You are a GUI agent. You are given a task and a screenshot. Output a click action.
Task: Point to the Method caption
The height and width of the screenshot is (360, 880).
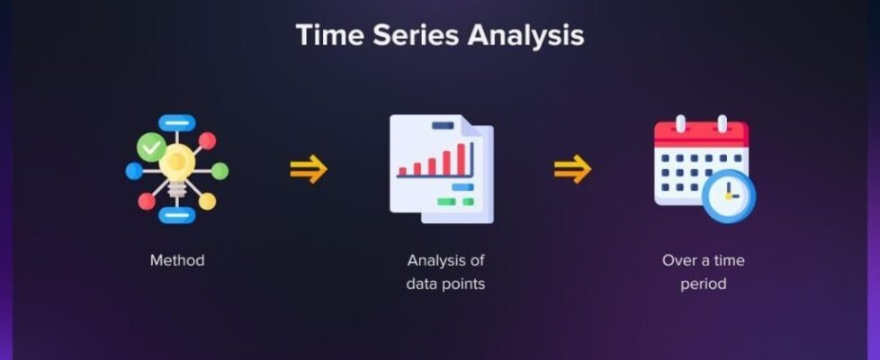click(x=177, y=261)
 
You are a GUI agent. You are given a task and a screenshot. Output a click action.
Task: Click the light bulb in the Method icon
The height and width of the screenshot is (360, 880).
click(x=176, y=168)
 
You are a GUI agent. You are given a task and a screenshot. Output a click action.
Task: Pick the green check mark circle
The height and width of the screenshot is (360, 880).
click(x=151, y=148)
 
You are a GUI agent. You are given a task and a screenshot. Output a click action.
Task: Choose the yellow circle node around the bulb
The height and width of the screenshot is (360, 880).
click(x=207, y=201)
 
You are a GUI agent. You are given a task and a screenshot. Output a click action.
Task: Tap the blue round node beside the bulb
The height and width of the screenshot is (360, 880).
click(x=134, y=171)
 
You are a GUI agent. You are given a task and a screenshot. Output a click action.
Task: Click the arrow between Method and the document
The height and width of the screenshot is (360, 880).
click(x=309, y=169)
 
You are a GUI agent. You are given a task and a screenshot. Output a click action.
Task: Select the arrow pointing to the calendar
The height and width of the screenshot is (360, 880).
click(x=572, y=169)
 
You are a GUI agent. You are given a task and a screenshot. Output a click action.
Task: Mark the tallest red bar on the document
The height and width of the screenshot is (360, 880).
click(x=462, y=159)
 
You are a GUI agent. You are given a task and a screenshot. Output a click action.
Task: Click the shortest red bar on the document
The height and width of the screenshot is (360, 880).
click(x=402, y=171)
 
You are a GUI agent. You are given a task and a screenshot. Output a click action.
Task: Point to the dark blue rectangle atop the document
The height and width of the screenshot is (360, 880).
click(x=443, y=125)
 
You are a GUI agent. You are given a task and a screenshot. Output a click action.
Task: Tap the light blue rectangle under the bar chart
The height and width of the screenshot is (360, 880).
click(x=462, y=187)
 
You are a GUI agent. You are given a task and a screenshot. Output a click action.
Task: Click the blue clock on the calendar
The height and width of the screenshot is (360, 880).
click(x=729, y=196)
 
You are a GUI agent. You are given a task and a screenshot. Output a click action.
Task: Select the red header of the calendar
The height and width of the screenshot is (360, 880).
click(x=702, y=135)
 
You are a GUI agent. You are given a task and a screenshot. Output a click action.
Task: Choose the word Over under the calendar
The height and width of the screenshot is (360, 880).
click(x=678, y=261)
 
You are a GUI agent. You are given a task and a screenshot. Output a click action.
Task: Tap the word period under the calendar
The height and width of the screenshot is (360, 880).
click(x=704, y=284)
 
